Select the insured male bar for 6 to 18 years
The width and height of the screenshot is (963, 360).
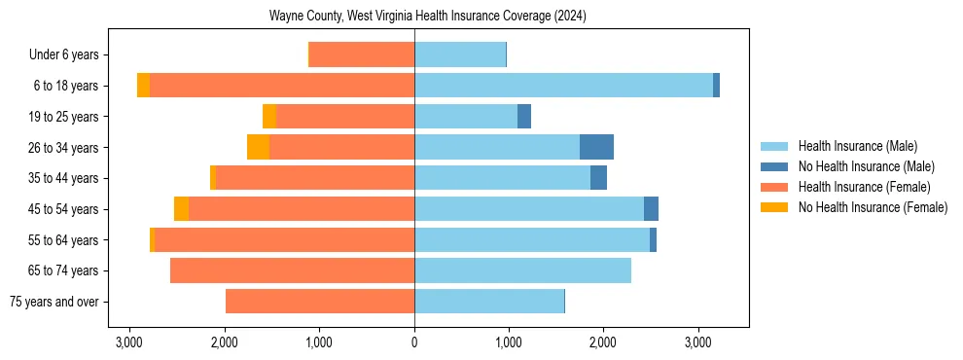pyautogui.click(x=563, y=86)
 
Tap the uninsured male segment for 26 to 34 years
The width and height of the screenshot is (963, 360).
pyautogui.click(x=596, y=147)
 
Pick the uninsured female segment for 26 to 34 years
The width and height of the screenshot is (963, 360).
pyautogui.click(x=258, y=147)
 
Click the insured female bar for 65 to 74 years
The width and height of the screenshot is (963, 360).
pyautogui.click(x=292, y=270)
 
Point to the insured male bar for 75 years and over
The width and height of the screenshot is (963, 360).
pyautogui.click(x=489, y=302)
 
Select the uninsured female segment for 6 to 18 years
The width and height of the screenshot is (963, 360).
pyautogui.click(x=143, y=86)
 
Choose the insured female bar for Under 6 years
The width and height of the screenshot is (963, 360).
pyautogui.click(x=362, y=54)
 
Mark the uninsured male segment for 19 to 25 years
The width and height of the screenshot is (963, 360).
pyautogui.click(x=524, y=117)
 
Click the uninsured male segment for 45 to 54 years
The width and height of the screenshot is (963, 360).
pyautogui.click(x=651, y=209)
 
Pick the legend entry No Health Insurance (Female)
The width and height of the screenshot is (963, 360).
pyautogui.click(x=873, y=207)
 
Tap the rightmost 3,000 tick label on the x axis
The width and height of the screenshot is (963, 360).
pyautogui.click(x=697, y=342)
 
